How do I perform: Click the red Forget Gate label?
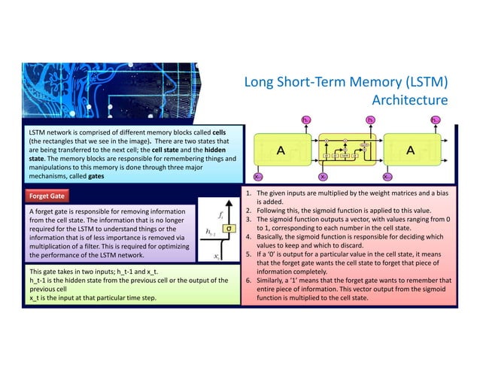pyautogui.click(x=47, y=196)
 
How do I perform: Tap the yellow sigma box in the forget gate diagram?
pyautogui.click(x=229, y=227)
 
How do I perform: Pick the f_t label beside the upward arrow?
pyautogui.click(x=219, y=215)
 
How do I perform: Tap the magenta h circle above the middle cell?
pyautogui.click(x=370, y=120)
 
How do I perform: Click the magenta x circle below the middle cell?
pyautogui.click(x=323, y=178)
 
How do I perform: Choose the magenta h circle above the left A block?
pyautogui.click(x=305, y=120)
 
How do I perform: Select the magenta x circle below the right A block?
pyautogui.click(x=387, y=178)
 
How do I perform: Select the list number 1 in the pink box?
pyautogui.click(x=249, y=193)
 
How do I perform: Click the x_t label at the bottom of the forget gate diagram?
pyautogui.click(x=217, y=256)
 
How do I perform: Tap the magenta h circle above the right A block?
pyautogui.click(x=435, y=120)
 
